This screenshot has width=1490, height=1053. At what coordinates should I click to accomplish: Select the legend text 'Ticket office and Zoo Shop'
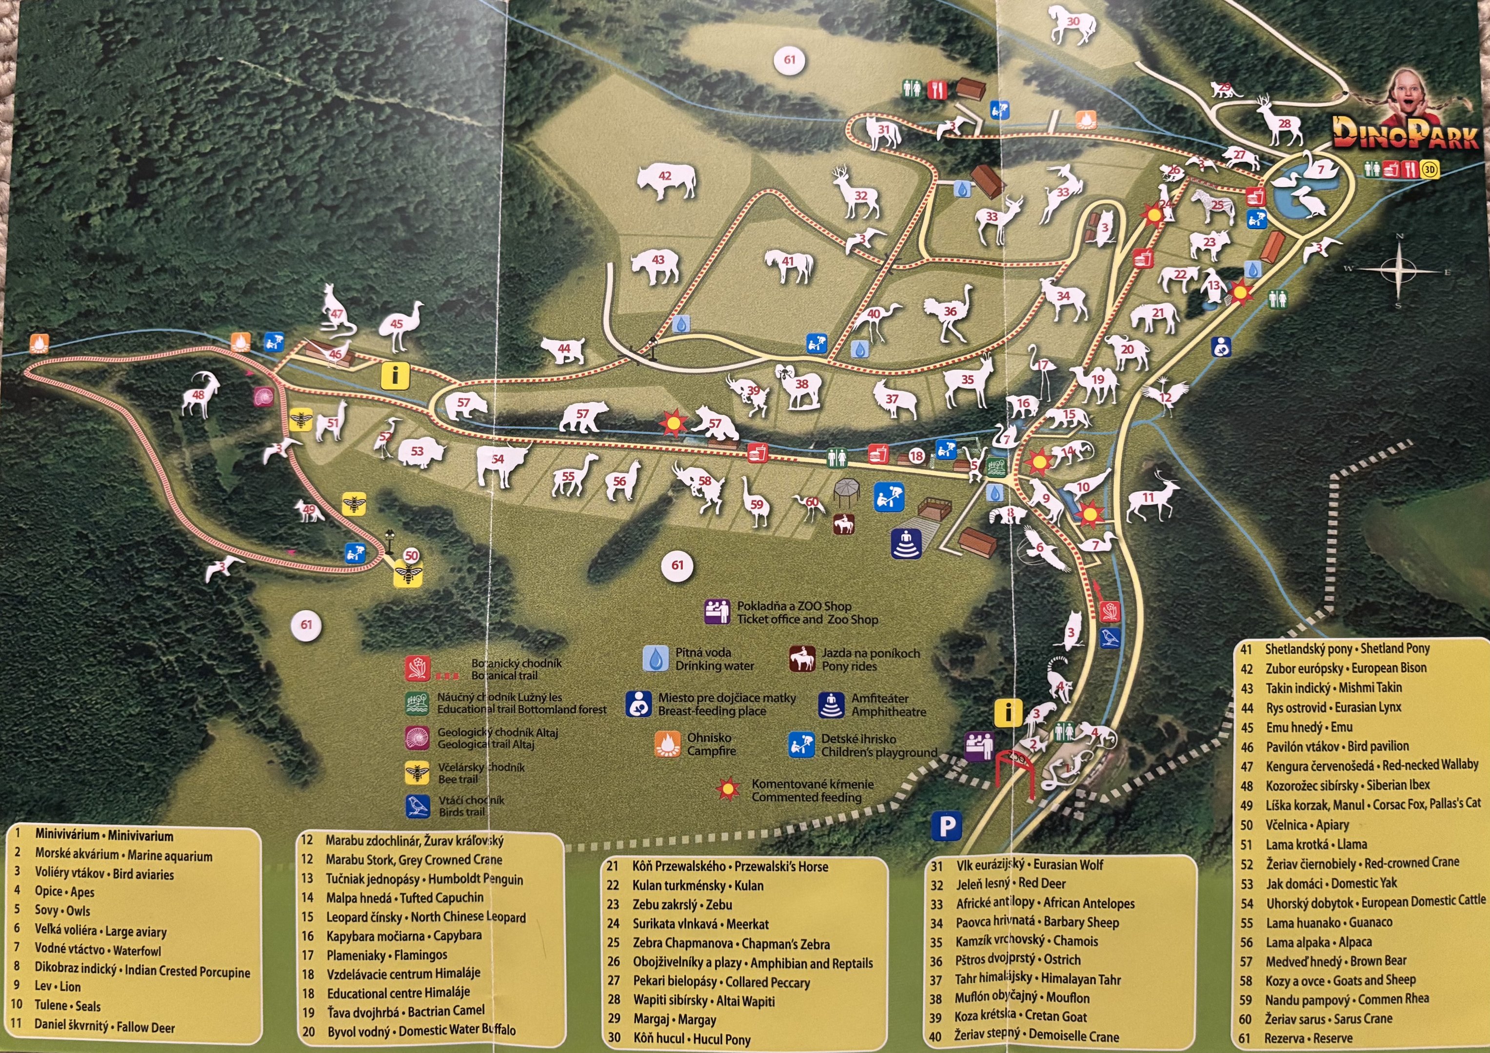click(807, 620)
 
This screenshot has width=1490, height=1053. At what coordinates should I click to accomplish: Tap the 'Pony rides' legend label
click(849, 666)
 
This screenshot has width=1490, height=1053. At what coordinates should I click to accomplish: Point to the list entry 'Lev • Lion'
click(58, 987)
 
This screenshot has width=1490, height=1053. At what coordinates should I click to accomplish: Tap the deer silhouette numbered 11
click(1151, 498)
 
